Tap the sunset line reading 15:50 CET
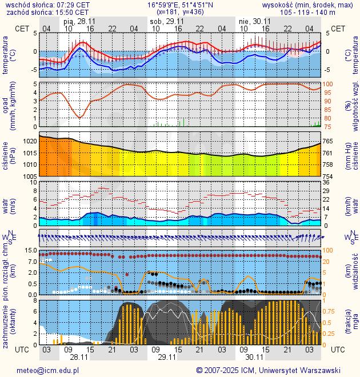[71, 12]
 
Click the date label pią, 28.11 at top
[79, 21]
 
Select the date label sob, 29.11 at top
[167, 21]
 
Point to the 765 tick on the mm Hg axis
[329, 141]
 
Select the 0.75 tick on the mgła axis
[330, 311]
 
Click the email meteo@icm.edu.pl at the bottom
[47, 370]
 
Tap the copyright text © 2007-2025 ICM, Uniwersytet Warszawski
[268, 370]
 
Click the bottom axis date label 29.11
[167, 357]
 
